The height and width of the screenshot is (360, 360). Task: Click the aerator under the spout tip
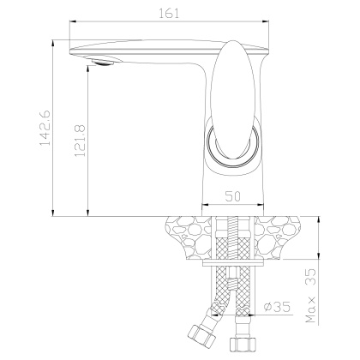[101, 60]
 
